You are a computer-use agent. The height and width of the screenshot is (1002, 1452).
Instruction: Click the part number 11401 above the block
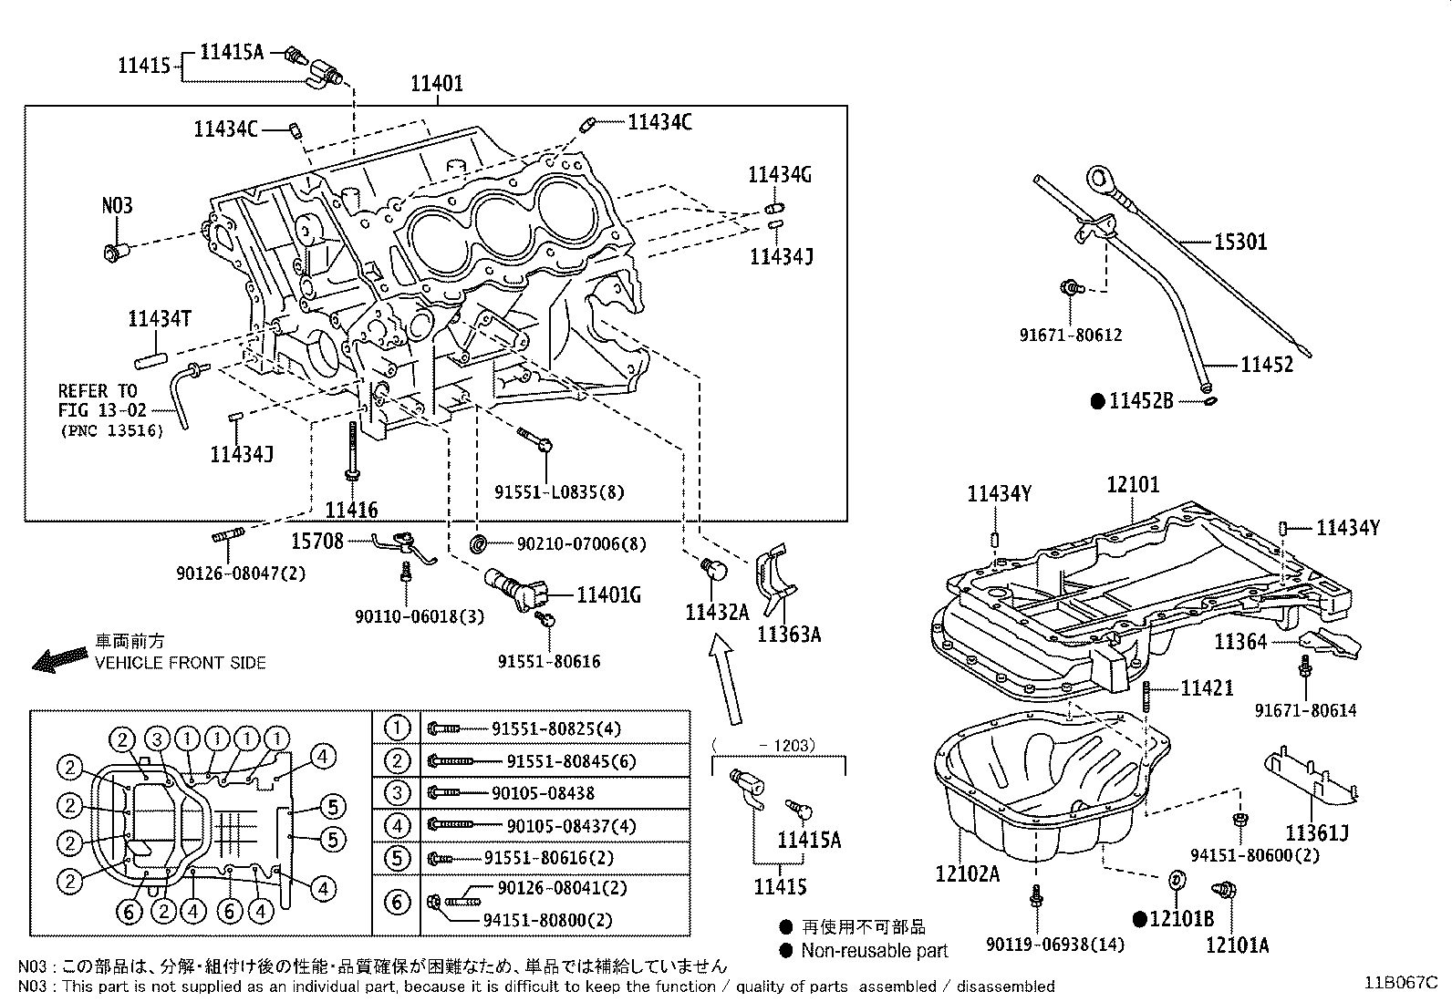click(436, 84)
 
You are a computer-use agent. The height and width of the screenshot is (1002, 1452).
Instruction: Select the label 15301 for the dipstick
click(1239, 243)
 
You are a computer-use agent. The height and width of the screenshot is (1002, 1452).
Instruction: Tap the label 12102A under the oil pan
click(967, 874)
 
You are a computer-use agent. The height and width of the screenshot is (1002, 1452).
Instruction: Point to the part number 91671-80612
click(1071, 336)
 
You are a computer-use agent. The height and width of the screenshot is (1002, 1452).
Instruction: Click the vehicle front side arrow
click(56, 660)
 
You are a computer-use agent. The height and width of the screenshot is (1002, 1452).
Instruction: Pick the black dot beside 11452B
click(1098, 400)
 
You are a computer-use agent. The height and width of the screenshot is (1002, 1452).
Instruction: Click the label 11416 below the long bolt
click(351, 511)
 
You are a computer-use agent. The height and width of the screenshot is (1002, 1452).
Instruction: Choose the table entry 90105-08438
click(543, 793)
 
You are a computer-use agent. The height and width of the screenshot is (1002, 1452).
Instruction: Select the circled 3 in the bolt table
click(397, 793)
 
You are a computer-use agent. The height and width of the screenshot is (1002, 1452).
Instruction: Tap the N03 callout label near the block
click(117, 205)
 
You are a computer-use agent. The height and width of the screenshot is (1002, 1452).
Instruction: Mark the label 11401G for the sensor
click(608, 595)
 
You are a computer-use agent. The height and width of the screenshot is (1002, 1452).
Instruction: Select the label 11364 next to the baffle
click(1240, 642)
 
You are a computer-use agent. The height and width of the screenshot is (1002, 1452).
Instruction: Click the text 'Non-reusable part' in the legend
click(875, 951)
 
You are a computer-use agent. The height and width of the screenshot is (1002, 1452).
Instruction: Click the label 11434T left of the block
click(160, 318)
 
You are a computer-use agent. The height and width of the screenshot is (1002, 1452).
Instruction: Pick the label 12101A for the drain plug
click(1237, 945)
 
